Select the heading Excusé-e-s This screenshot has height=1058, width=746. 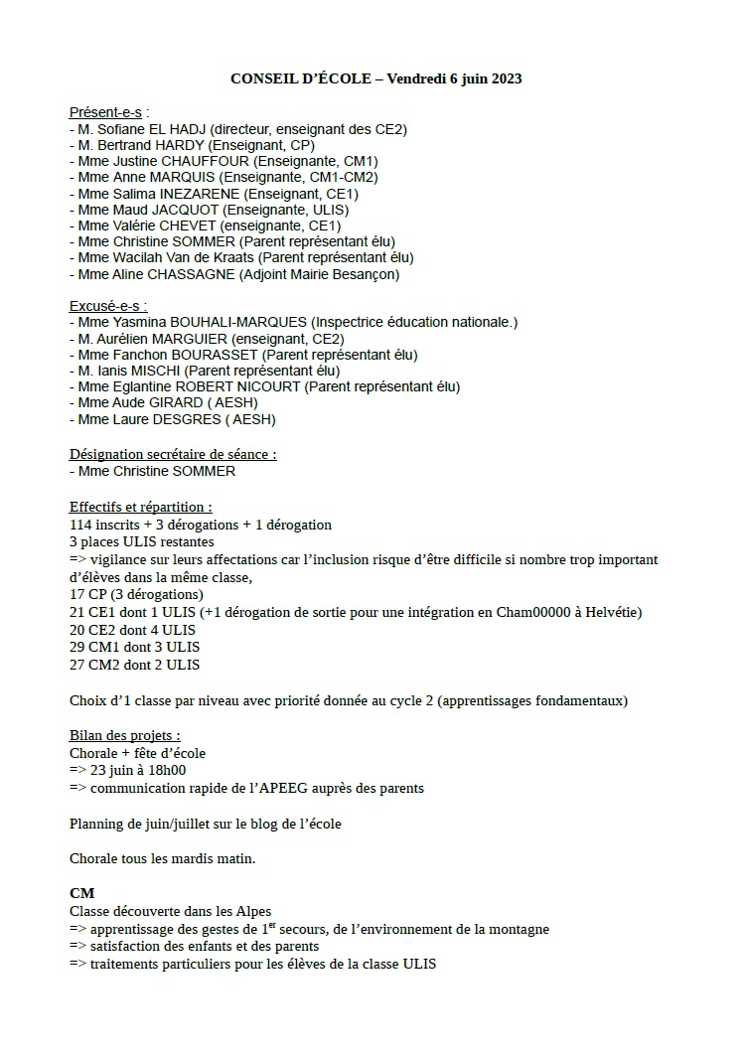(105, 306)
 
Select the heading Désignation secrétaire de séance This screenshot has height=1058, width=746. (172, 454)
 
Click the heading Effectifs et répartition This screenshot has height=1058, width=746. (140, 506)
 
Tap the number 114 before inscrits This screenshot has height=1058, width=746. (79, 525)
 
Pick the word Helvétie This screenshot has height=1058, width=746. (614, 612)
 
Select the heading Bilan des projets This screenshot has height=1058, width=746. (124, 736)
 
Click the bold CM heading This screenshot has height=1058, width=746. (81, 894)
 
